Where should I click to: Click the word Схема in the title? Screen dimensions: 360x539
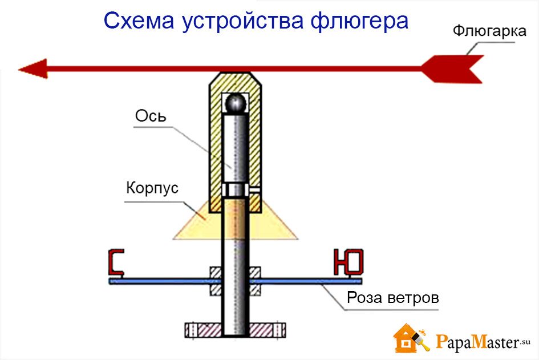[136, 21]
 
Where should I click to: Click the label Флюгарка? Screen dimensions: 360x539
[489, 31]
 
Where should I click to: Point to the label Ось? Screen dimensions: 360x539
[151, 116]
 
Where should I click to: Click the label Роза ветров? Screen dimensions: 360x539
[393, 298]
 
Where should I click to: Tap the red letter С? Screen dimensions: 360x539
[117, 262]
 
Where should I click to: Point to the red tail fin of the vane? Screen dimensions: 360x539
[453, 68]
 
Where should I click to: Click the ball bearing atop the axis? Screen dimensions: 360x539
[236, 103]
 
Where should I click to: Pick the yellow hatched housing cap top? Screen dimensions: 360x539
[236, 80]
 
